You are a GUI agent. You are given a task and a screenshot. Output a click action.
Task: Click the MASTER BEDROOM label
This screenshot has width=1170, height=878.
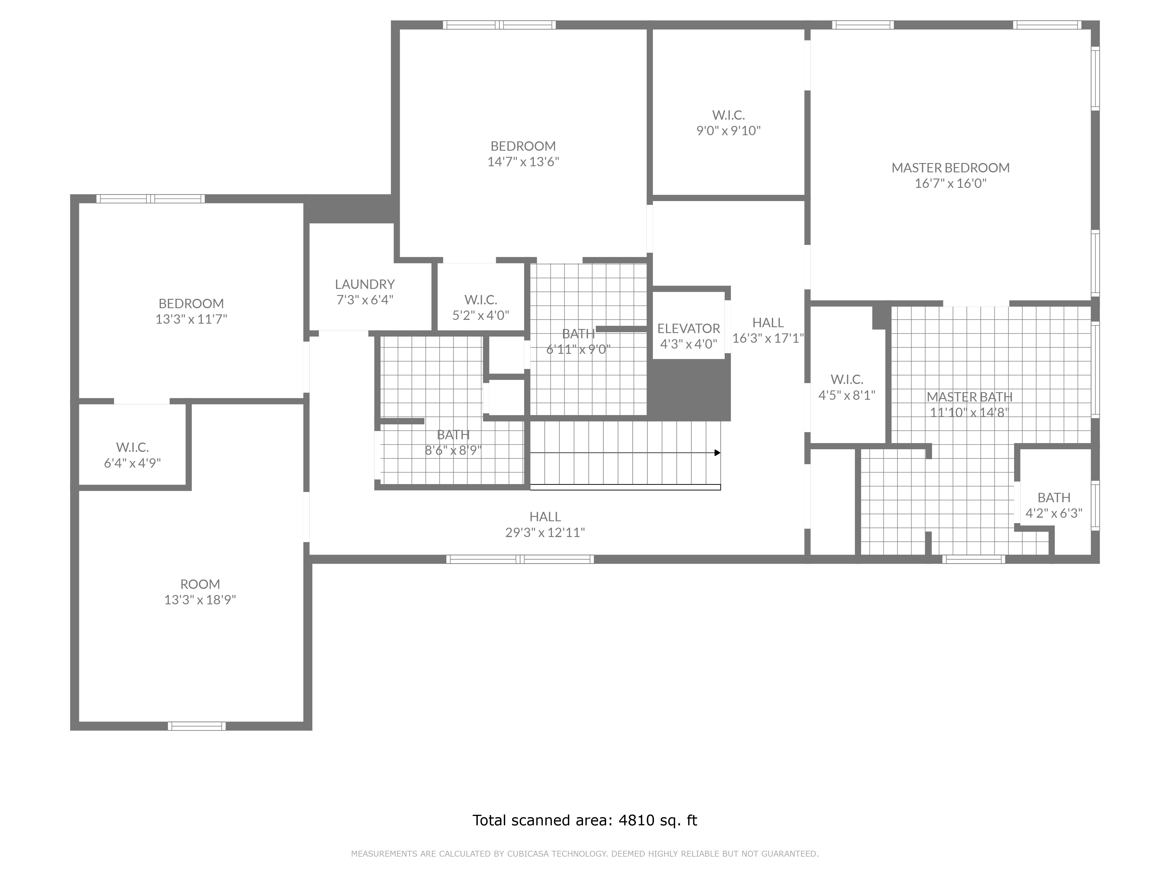[951, 168]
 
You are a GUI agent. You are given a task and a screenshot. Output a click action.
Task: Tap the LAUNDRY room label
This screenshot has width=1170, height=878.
[365, 284]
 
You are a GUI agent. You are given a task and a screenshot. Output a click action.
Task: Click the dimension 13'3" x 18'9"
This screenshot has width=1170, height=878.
[200, 600]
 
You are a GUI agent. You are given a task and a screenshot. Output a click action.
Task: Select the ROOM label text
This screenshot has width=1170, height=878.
[200, 584]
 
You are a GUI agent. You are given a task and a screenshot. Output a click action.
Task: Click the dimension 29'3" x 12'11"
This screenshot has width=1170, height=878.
[545, 532]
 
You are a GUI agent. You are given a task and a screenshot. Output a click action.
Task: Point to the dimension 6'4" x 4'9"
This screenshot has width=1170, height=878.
[132, 463]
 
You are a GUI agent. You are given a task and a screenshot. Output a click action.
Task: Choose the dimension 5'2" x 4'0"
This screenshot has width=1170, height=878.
[481, 315]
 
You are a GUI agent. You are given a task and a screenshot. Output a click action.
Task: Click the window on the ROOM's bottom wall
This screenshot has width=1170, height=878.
[197, 726]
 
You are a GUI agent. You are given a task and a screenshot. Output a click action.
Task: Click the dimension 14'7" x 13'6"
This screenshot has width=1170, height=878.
[523, 162]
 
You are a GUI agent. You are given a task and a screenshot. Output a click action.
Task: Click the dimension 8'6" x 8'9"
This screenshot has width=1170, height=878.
[453, 450]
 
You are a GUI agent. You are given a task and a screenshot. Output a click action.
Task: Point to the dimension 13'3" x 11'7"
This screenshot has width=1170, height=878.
[191, 319]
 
